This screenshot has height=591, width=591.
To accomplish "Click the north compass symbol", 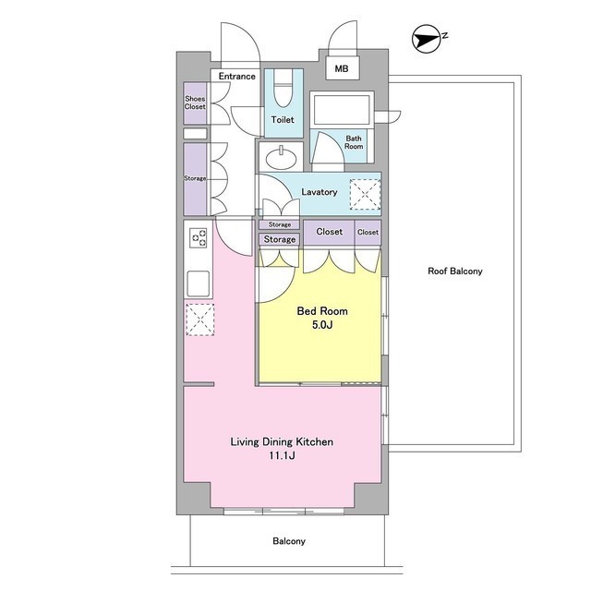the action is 426,39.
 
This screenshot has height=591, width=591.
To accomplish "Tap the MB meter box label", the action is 342,69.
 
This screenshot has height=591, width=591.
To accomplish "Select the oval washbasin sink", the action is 281,158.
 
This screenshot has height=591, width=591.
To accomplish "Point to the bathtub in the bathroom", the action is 342,110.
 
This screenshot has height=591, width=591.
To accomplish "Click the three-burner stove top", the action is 199,238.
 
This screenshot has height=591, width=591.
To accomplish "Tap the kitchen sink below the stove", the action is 199,283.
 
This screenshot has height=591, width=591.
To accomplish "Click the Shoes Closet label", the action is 195,103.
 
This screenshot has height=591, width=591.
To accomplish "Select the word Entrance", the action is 237,76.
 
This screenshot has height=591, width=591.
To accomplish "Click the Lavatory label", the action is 320,192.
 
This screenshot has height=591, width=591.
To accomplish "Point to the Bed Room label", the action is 322,311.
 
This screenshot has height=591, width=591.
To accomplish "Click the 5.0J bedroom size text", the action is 322,324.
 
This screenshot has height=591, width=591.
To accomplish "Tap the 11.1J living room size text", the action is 282,455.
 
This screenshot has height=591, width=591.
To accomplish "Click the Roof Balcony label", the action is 455,271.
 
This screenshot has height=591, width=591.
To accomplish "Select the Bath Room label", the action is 354,142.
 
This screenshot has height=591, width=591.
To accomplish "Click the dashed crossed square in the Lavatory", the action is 365,195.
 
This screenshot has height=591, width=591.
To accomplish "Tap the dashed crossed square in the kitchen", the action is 200,320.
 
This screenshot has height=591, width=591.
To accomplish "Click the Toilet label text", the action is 283,120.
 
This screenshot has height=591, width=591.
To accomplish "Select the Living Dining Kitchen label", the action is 282,441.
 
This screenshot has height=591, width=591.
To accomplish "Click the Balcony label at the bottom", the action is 289,541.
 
